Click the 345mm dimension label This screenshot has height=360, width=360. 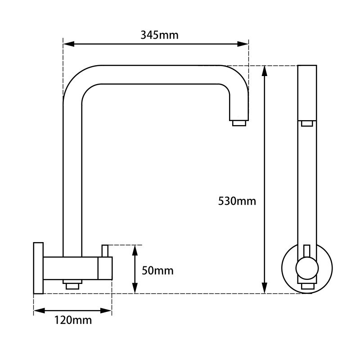159,35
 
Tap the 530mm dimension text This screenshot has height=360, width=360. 237,201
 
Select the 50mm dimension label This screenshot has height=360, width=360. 157,270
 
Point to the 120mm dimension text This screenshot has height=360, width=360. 73,320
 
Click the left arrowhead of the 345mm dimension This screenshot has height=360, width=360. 68,44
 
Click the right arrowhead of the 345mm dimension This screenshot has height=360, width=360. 243,44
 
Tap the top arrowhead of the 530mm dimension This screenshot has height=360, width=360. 265,71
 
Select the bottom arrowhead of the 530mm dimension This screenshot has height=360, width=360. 265,288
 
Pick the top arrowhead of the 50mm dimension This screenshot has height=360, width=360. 135,251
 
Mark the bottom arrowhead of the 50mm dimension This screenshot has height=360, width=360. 135,288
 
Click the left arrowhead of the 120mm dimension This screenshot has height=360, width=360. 39,311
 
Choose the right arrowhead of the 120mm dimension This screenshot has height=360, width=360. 106,311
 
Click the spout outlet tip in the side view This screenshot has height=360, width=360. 239,123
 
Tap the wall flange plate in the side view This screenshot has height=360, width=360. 38,268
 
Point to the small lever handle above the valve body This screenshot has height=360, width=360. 105,251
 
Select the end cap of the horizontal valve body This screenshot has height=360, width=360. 105,268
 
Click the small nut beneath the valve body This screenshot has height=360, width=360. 72,284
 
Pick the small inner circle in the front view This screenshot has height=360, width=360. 307,268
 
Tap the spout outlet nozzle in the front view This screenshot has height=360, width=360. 307,123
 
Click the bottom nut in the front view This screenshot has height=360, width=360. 307,286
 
